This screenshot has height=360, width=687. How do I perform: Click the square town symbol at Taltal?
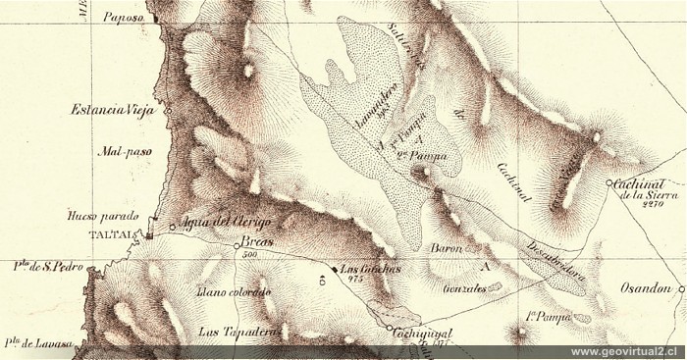(148, 235)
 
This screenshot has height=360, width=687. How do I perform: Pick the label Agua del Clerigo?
(224, 225)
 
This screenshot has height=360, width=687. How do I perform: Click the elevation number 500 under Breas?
(246, 253)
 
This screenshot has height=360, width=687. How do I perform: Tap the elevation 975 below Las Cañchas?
(356, 279)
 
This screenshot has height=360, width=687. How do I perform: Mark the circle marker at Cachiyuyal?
(390, 329)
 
